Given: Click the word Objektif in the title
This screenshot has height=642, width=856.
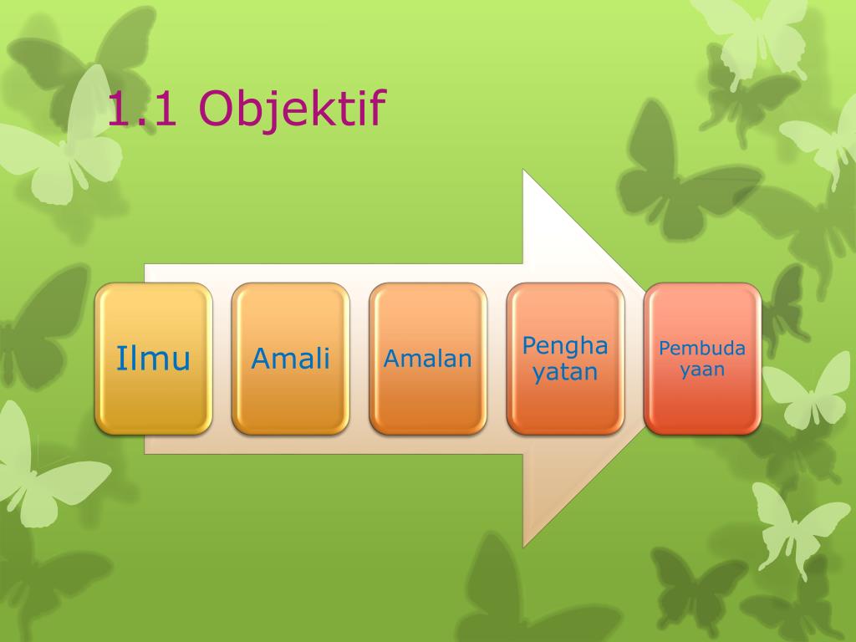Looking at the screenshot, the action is (x=293, y=110).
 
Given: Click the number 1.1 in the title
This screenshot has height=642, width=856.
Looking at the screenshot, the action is (x=142, y=109).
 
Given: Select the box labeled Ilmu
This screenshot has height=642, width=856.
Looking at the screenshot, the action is (x=154, y=359).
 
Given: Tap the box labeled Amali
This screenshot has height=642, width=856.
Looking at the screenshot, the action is (x=290, y=359).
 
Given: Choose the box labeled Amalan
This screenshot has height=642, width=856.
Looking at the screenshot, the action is (x=428, y=359).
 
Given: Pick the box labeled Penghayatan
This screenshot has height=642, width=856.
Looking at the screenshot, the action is (x=566, y=359).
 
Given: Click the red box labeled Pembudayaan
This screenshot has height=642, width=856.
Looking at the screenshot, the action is (x=702, y=359).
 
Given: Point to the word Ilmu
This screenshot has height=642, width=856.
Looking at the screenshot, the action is (x=154, y=358).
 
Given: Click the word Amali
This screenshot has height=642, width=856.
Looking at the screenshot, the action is (x=290, y=359).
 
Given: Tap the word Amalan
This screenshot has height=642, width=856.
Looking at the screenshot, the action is (x=427, y=359).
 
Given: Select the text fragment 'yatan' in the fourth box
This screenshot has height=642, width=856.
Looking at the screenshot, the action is (x=565, y=373).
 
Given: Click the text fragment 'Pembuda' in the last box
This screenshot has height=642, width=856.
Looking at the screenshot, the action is (x=702, y=349).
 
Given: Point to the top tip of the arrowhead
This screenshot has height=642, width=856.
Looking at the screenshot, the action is (x=523, y=170).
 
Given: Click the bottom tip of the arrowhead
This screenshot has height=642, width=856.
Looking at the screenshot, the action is (x=523, y=547).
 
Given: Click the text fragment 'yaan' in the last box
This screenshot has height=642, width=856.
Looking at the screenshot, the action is (x=702, y=370).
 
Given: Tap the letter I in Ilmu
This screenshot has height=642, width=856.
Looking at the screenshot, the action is (x=120, y=358).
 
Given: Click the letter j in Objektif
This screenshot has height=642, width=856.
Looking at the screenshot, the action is (x=283, y=112).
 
